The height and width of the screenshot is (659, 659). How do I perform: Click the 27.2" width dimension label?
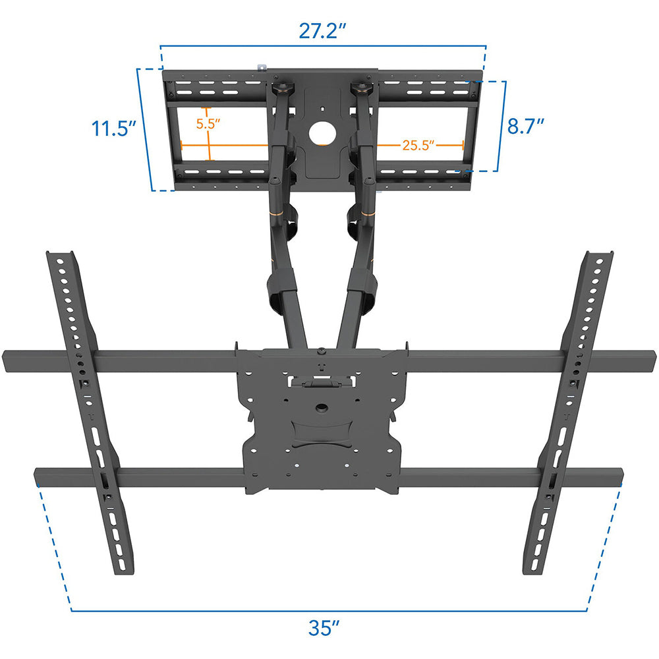click(x=323, y=32)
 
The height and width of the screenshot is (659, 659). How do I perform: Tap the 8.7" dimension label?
click(x=527, y=125)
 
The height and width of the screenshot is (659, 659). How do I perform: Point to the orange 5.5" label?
click(x=208, y=123)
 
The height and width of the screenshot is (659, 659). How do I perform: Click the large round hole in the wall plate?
click(x=322, y=132)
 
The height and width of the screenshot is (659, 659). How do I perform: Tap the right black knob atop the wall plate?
click(x=360, y=87)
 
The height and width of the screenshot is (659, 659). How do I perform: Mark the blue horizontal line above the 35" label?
click(x=329, y=611)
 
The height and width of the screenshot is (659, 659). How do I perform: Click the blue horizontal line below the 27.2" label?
click(x=323, y=47)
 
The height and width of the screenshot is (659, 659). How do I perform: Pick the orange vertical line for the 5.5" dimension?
click(x=209, y=135)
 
